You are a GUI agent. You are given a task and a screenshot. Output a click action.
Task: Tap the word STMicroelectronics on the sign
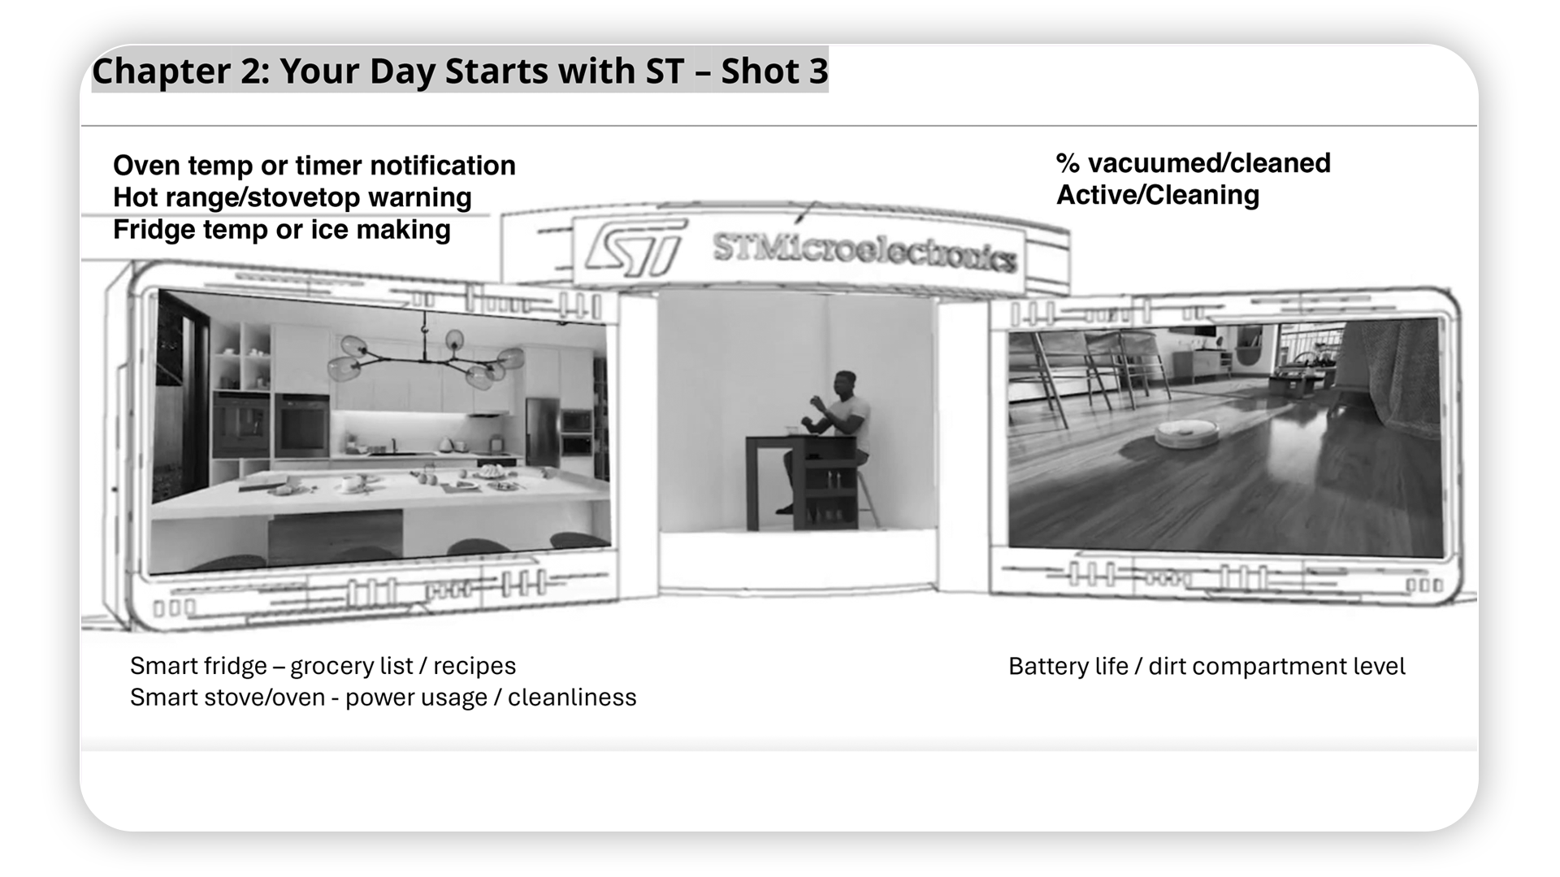(864, 251)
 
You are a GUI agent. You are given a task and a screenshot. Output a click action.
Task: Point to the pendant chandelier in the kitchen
(425, 355)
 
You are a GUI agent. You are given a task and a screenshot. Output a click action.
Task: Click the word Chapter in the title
(161, 71)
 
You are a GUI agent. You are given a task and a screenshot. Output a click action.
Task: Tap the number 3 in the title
(817, 71)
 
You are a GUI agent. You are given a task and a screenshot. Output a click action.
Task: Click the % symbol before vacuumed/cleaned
(1068, 163)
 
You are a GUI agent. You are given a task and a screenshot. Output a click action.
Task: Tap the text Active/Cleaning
(1158, 195)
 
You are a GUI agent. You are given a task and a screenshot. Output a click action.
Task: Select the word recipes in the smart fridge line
(474, 666)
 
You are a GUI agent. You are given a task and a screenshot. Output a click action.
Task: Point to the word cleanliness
(572, 698)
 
